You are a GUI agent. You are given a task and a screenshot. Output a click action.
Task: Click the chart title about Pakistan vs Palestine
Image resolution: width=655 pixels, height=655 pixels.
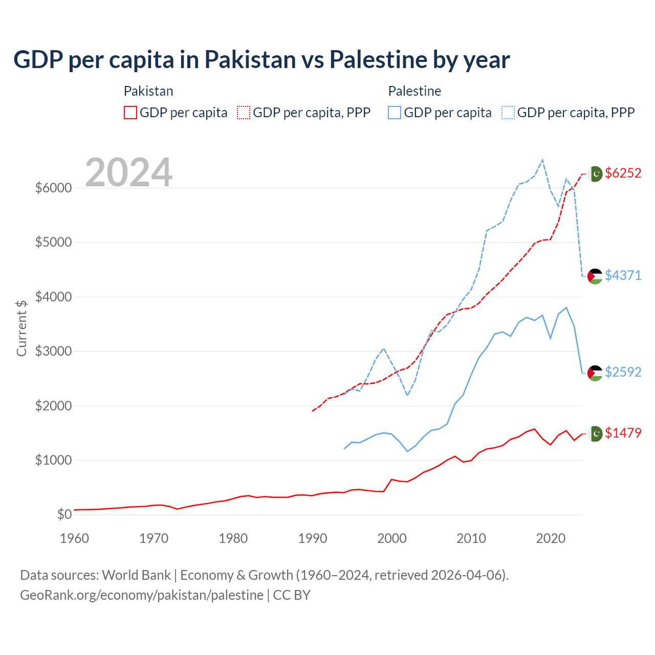(261, 60)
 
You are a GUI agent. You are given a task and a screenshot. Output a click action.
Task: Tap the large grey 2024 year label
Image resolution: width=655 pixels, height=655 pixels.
(128, 172)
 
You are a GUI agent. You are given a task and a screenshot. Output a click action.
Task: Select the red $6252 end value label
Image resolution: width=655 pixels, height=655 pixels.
(623, 173)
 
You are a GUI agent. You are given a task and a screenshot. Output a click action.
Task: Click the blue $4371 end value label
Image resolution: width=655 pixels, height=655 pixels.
(623, 275)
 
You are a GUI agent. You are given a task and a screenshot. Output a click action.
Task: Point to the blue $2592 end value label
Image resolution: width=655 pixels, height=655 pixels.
(623, 372)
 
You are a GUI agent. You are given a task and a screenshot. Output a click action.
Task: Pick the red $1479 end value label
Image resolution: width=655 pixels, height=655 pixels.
(623, 433)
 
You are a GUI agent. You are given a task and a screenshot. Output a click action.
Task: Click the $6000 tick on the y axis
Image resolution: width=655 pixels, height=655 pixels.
(53, 188)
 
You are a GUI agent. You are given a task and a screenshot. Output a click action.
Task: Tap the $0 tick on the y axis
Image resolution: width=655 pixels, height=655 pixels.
(64, 514)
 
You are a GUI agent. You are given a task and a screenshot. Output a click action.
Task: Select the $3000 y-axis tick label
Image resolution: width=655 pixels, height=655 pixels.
(53, 351)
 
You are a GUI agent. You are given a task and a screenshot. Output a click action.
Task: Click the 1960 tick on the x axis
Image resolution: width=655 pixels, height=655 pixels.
(75, 538)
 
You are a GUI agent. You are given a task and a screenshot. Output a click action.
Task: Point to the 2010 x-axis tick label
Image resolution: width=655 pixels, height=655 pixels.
(471, 538)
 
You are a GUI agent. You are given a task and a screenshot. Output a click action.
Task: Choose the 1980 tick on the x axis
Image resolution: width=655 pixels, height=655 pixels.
(233, 538)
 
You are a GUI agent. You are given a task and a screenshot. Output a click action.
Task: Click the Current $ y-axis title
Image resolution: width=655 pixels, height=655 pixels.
(21, 328)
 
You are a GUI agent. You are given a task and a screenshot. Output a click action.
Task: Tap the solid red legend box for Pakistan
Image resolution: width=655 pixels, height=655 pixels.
(130, 113)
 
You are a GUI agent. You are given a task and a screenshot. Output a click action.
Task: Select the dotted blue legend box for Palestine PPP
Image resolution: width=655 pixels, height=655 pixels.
(508, 113)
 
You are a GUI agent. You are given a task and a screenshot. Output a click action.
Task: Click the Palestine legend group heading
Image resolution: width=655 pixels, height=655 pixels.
(414, 91)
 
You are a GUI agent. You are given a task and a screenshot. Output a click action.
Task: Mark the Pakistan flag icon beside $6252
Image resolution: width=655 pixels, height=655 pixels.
(595, 174)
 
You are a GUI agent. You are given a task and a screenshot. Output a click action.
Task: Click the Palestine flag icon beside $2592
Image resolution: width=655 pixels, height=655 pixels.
(595, 373)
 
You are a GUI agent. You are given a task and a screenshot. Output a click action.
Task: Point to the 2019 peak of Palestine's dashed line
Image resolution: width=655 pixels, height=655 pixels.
(542, 160)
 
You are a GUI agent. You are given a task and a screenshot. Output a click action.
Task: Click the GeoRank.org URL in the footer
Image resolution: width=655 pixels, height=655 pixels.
(142, 595)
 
